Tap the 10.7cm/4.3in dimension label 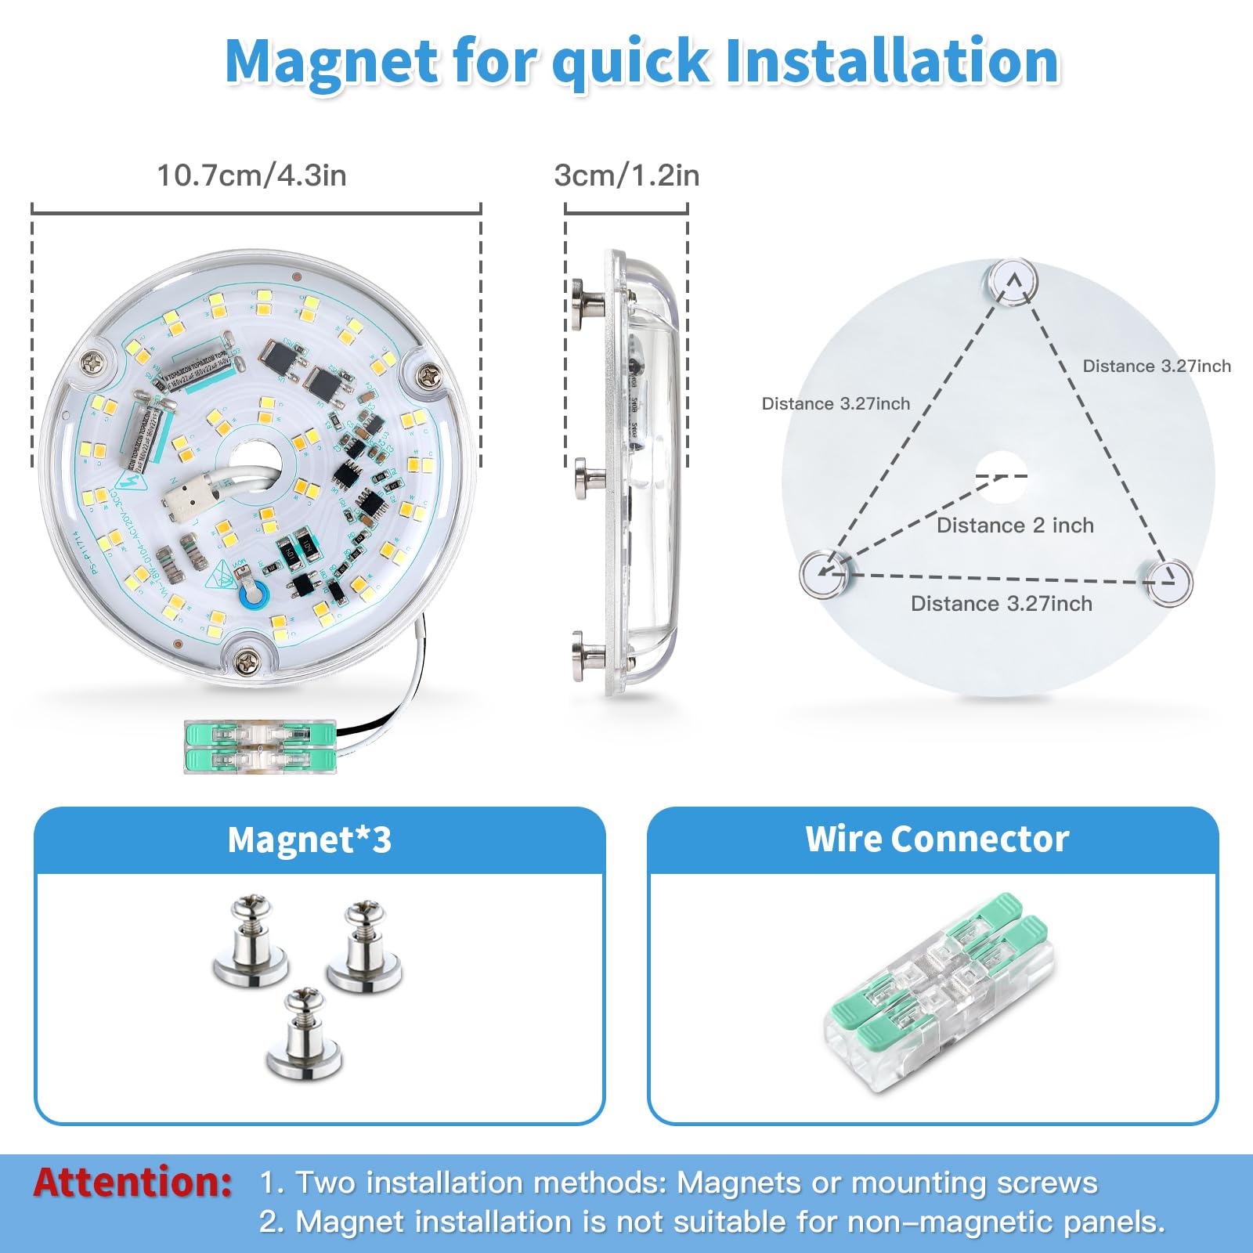point(251,175)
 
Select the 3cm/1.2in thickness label point(626,175)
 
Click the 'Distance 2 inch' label point(1015,525)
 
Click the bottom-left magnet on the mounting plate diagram point(824,572)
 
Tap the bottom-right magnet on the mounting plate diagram point(1167,583)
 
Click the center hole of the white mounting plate point(1000,476)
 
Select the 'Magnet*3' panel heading point(309,840)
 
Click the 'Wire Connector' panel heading point(937,839)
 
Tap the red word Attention point(132,1182)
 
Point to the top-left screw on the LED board point(92,363)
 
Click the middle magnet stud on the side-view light point(589,478)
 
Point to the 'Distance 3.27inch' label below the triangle point(1001,604)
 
